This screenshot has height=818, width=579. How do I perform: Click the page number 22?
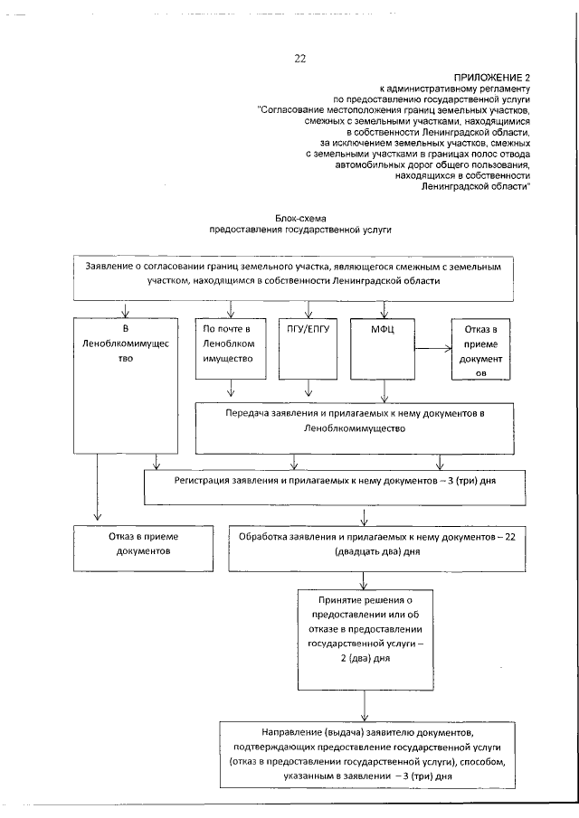(x=299, y=59)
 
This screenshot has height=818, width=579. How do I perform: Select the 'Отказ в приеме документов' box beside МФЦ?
(x=479, y=348)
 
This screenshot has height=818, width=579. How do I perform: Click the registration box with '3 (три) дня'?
(x=334, y=483)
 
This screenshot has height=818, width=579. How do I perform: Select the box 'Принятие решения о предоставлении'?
(x=365, y=628)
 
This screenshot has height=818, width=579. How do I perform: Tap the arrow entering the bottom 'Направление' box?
(x=364, y=706)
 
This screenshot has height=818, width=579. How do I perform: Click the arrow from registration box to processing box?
(x=364, y=517)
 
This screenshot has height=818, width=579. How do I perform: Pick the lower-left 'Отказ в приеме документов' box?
(x=138, y=544)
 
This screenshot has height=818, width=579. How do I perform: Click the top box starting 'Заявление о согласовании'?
(x=293, y=275)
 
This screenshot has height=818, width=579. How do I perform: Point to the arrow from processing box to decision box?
(x=364, y=578)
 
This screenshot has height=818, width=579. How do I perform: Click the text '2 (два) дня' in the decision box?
(x=365, y=659)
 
